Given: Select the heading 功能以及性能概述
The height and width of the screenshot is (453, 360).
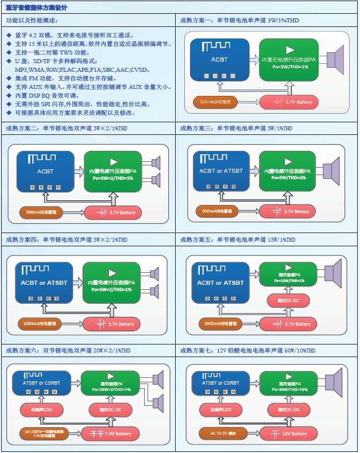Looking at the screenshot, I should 32,21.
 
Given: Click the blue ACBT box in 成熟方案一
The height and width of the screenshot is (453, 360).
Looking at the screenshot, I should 219,60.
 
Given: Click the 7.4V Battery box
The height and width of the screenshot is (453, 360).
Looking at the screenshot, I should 110,433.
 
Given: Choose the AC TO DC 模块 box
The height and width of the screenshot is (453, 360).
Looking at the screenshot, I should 219,433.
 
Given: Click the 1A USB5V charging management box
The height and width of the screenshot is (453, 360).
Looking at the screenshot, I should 43,433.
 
